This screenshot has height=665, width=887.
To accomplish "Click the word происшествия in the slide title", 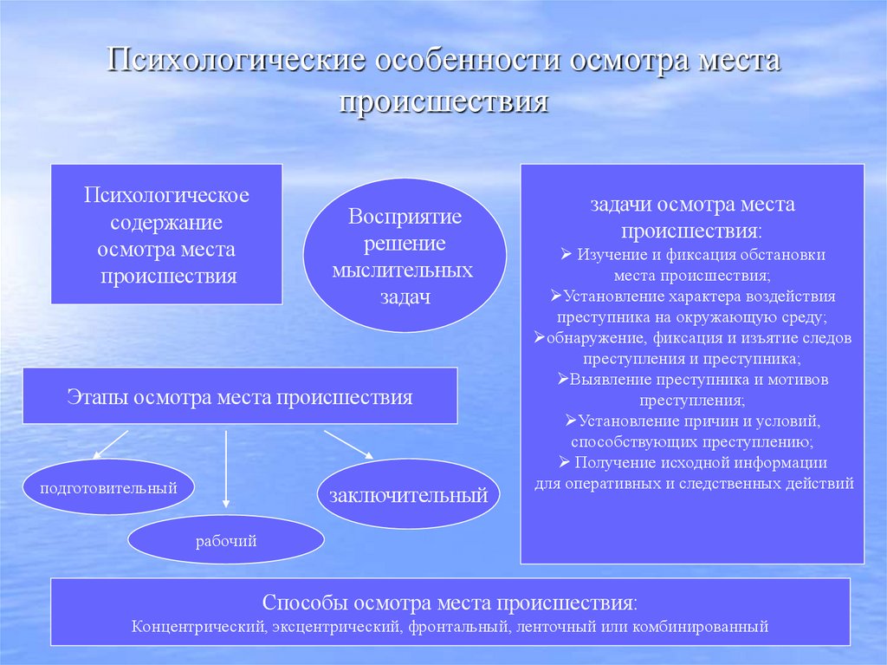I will [443, 101].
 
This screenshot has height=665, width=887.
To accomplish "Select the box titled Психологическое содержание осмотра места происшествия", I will [166, 235].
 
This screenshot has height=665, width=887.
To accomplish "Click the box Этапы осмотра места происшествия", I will [240, 397].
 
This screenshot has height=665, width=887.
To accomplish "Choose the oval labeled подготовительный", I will [108, 488].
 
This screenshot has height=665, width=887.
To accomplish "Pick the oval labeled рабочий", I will [226, 542].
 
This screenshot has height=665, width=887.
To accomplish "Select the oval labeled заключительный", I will [409, 496].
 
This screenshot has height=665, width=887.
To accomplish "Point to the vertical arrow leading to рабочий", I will [226, 468].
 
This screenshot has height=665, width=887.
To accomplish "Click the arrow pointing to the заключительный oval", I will [348, 444].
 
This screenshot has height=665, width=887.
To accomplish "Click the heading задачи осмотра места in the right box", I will [692, 205].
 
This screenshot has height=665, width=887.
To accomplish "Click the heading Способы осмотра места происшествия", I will [450, 603].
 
